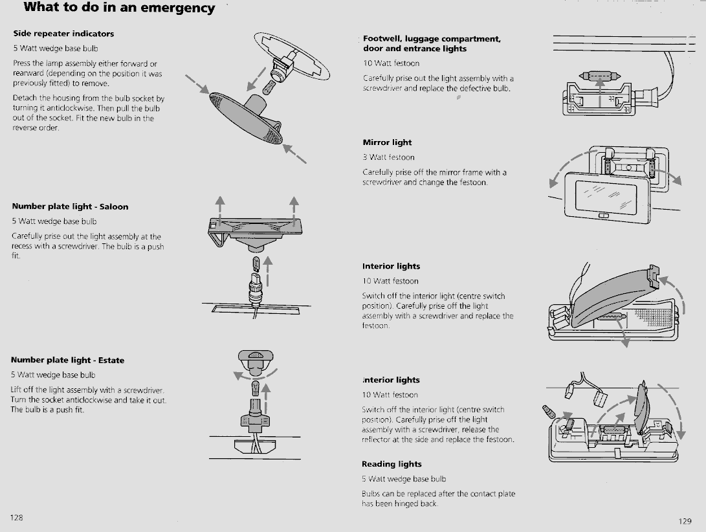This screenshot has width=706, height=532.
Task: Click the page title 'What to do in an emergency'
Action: [119, 8]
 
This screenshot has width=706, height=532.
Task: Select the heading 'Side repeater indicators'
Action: [63, 34]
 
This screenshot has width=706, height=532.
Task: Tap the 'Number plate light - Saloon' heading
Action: [70, 206]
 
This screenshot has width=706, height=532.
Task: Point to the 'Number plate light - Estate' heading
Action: [67, 360]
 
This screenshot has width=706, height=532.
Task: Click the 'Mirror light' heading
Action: [387, 142]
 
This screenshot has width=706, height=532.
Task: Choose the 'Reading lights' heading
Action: [392, 464]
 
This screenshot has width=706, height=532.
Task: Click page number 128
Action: [17, 518]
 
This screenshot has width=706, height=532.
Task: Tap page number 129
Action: [685, 521]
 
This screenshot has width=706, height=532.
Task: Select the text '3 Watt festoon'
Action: [388, 157]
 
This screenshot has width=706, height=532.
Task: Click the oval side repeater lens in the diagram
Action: [246, 118]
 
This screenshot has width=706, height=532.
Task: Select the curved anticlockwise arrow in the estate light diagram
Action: [255, 375]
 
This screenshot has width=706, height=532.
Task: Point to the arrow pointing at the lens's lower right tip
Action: [295, 153]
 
